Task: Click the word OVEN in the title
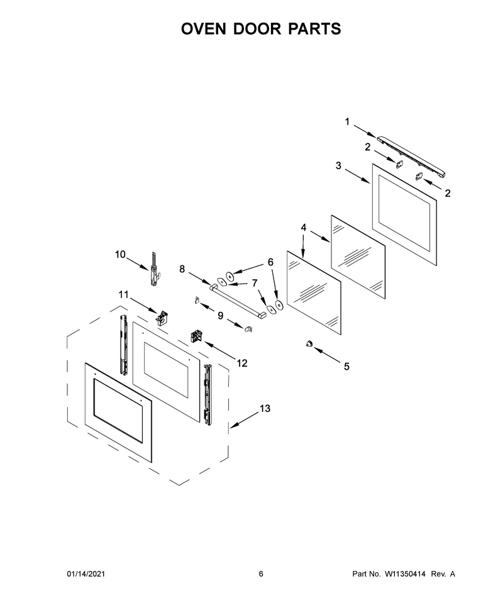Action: coord(204,29)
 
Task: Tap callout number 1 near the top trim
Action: coord(348,122)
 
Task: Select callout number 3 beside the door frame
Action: coord(338,166)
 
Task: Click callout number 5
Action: coord(346,367)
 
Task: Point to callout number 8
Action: coord(182,269)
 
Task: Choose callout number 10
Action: coord(120,255)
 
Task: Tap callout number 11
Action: coord(123,294)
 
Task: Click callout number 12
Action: coord(242,363)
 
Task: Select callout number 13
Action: coord(265,409)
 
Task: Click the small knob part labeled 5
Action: coord(309,343)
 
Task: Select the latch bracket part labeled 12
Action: coord(196,336)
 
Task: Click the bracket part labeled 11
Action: coord(161,317)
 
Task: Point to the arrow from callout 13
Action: coord(245,421)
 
